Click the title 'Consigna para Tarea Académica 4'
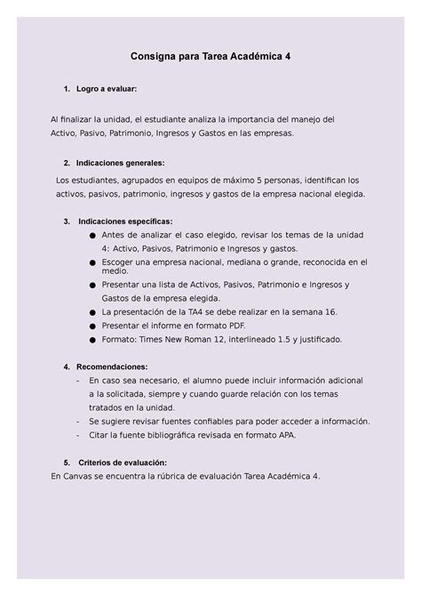point(210,55)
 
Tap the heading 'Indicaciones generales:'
point(121,163)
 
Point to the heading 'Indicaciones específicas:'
point(125,221)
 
